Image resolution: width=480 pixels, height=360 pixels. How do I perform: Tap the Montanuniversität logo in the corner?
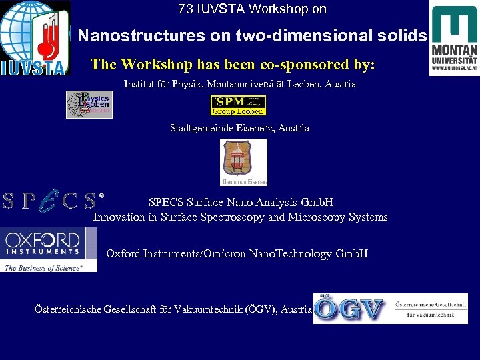click(454, 40)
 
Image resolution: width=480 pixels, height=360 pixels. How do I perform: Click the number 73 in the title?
click(185, 9)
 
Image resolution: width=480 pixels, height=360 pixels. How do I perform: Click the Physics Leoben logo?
click(89, 104)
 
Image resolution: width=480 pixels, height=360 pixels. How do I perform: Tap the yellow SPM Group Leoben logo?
click(238, 105)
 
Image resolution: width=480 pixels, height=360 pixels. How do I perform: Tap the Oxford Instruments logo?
click(48, 249)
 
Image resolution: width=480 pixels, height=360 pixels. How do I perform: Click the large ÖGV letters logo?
click(349, 309)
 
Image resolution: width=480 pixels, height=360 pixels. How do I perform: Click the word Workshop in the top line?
click(273, 9)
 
